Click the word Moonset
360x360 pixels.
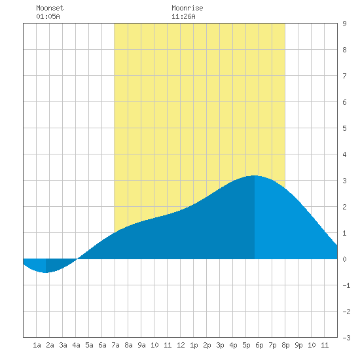pyautogui.click(x=50, y=8)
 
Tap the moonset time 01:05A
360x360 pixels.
pyautogui.click(x=48, y=16)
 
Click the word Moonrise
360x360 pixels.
pyautogui.click(x=187, y=8)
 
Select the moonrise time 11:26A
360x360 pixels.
pyautogui.click(x=183, y=16)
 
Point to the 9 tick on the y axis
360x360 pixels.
pyautogui.click(x=344, y=24)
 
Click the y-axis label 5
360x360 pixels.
pyautogui.click(x=344, y=128)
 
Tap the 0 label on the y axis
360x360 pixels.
pyautogui.click(x=344, y=259)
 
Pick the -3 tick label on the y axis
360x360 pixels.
pyautogui.click(x=346, y=338)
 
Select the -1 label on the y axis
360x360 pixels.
pyautogui.click(x=346, y=285)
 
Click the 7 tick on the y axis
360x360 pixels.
pyautogui.click(x=344, y=76)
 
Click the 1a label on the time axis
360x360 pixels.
pyautogui.click(x=37, y=345)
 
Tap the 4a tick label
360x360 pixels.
pyautogui.click(x=76, y=345)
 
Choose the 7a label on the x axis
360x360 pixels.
pyautogui.click(x=115, y=345)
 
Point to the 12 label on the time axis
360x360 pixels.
pyautogui.click(x=181, y=345)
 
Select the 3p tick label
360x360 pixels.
pyautogui.click(x=220, y=345)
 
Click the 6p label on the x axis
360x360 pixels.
pyautogui.click(x=259, y=345)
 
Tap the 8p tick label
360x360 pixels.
pyautogui.click(x=285, y=345)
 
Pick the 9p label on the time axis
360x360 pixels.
pyautogui.click(x=298, y=345)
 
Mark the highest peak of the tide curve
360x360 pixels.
pyautogui.click(x=255, y=175)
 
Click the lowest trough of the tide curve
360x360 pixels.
pyautogui.click(x=46, y=272)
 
